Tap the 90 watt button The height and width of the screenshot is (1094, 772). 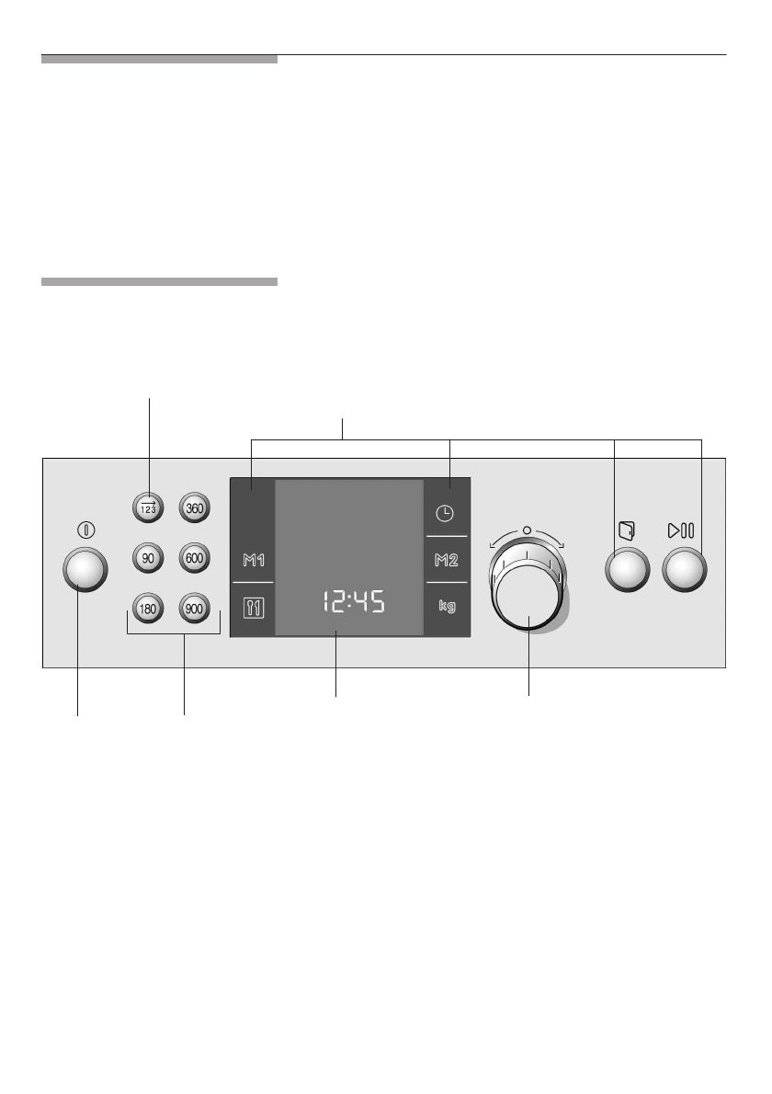[147, 558]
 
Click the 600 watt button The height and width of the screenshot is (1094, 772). [194, 558]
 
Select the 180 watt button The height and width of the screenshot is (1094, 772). [147, 609]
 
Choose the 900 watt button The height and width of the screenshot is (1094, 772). [194, 609]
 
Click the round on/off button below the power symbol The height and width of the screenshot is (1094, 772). [85, 572]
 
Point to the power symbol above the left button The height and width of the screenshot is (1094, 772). [85, 530]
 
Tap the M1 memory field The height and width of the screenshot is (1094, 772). [253, 560]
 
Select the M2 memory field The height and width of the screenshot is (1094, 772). [446, 560]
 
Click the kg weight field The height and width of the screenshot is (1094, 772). [446, 608]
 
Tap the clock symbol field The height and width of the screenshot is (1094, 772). [446, 513]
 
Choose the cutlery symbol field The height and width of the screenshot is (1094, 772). [253, 608]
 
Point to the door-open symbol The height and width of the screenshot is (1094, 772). [628, 530]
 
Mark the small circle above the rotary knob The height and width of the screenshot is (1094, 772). [527, 530]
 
